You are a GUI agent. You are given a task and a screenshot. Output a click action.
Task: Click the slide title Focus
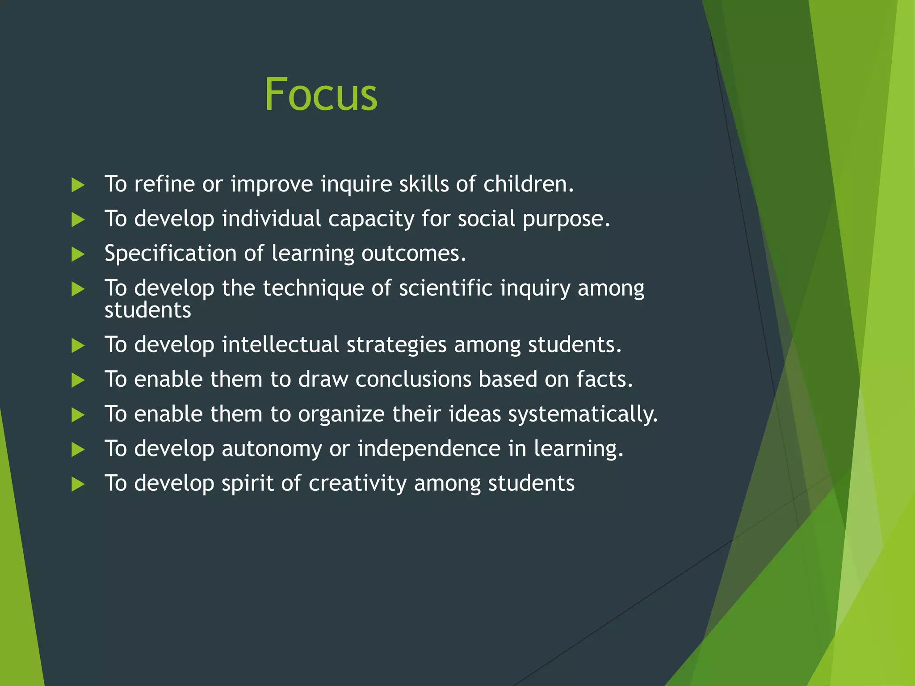[321, 95]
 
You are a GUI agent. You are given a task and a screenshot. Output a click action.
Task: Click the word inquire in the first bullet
[356, 184]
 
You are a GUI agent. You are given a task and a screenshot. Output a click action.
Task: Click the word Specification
[170, 254]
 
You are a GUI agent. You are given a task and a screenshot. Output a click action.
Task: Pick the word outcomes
[413, 254]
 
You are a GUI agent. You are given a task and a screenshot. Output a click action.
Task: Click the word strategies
[396, 345]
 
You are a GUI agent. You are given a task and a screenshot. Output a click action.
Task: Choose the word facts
[604, 379]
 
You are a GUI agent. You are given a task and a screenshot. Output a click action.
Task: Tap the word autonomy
[271, 449]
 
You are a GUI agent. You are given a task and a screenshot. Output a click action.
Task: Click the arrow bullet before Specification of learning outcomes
[78, 255]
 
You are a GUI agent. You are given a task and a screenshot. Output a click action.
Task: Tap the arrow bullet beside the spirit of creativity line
[78, 484]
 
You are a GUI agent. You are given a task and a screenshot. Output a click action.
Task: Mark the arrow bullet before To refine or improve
[78, 185]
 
